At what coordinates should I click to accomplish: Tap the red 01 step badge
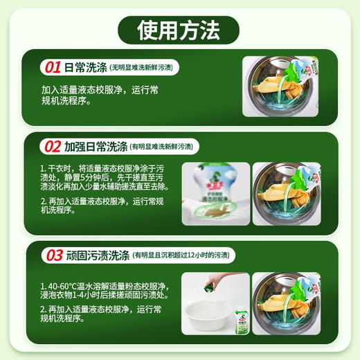click(53, 67)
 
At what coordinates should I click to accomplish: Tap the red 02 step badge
click(53, 146)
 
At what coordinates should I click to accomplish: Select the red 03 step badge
click(53, 255)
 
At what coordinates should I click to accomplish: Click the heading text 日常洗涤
click(85, 67)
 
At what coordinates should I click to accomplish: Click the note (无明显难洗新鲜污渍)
click(141, 68)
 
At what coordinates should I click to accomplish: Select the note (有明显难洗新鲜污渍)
click(163, 147)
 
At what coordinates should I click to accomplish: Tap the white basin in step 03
click(204, 318)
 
